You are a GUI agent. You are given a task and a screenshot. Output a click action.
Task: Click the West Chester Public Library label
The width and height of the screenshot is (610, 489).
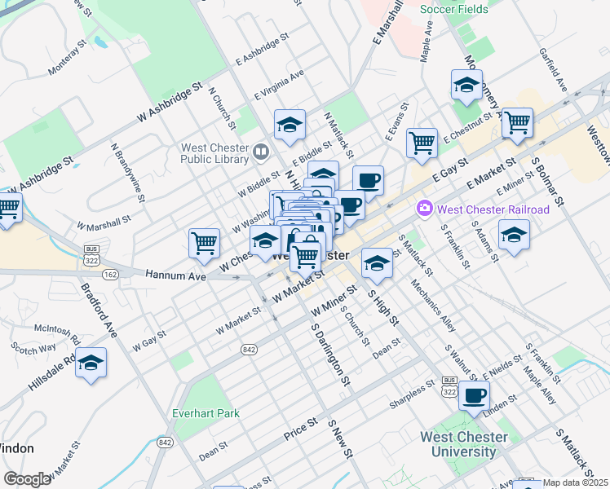(x=214, y=152)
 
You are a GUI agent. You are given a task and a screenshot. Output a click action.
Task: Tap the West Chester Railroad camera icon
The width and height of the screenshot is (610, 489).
(x=425, y=209)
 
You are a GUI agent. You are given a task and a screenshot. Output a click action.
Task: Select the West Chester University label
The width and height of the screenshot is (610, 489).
(x=463, y=444)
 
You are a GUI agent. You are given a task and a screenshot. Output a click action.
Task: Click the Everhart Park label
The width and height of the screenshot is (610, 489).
(x=206, y=413)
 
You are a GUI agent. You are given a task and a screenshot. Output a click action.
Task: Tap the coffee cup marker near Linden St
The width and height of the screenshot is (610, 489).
(x=475, y=396)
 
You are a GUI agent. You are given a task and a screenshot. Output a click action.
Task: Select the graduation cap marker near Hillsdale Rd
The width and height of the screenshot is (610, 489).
(x=91, y=363)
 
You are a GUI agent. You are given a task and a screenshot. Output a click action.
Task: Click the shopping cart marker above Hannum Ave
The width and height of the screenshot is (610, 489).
(x=204, y=241)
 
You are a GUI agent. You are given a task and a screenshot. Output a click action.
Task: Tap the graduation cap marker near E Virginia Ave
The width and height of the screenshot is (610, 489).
(x=290, y=125)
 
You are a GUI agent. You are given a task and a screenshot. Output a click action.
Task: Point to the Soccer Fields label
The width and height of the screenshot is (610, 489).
(x=454, y=9)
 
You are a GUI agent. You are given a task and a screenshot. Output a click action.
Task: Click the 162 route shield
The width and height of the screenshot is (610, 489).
(x=112, y=275)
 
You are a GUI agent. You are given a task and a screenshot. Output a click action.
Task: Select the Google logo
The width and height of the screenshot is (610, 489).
(x=27, y=479)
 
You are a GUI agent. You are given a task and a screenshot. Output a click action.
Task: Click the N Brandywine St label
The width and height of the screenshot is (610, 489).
(x=129, y=173)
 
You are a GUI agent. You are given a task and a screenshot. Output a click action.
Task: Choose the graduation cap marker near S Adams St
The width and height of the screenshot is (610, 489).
(x=514, y=237)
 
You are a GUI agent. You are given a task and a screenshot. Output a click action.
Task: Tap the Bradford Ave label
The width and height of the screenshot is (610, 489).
(x=98, y=311)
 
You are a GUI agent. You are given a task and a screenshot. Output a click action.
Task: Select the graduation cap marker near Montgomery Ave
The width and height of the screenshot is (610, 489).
(x=466, y=85)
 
